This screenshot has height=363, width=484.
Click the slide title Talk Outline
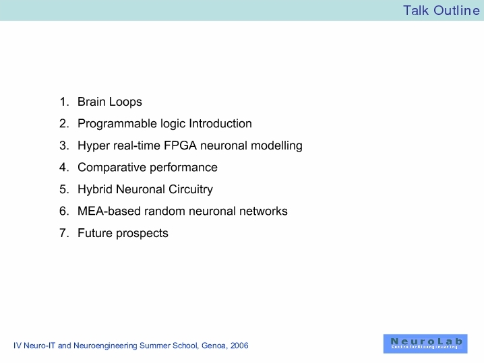click(x=442, y=10)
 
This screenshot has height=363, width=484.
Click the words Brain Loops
click(x=110, y=102)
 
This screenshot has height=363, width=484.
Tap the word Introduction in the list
click(x=220, y=123)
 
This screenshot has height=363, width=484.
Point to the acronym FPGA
click(x=180, y=145)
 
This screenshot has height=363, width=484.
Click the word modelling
click(x=276, y=146)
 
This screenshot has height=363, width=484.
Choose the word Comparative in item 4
click(x=112, y=168)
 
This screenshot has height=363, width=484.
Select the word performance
click(x=183, y=168)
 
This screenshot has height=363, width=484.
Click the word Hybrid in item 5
click(x=95, y=189)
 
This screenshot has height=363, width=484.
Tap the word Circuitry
click(x=191, y=189)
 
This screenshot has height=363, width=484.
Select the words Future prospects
click(x=123, y=233)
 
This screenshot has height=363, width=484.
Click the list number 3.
click(x=64, y=145)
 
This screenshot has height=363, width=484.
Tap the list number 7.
click(x=64, y=233)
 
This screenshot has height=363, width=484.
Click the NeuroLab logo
click(x=425, y=343)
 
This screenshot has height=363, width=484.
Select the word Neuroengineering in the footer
click(x=105, y=345)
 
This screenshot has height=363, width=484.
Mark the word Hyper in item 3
click(x=94, y=146)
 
